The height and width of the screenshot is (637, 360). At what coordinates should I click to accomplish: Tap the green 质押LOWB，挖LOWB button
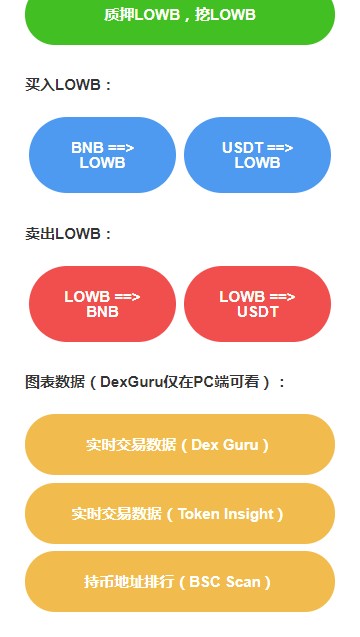(x=180, y=16)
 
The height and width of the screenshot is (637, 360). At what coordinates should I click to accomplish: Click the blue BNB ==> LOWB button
(x=102, y=155)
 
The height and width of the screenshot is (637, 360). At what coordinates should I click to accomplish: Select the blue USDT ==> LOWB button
(x=257, y=155)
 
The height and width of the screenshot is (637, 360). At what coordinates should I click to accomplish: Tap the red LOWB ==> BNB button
(x=102, y=304)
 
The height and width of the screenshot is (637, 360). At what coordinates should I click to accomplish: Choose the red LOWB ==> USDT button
(x=257, y=304)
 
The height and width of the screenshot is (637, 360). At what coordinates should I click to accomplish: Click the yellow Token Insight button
(x=180, y=514)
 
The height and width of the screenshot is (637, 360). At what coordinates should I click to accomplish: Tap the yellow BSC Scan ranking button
(x=180, y=582)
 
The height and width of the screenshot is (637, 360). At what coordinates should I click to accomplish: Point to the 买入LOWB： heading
(x=69, y=85)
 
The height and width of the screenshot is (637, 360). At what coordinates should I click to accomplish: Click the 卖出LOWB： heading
(x=69, y=234)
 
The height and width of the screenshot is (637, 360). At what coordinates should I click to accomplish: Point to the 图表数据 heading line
(x=155, y=381)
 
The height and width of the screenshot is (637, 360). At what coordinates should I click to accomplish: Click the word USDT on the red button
(x=257, y=312)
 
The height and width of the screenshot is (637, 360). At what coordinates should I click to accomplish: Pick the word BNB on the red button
(x=102, y=312)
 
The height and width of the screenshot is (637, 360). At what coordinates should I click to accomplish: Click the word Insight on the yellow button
(x=250, y=514)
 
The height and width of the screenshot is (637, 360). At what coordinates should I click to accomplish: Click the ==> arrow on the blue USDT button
(x=280, y=148)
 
